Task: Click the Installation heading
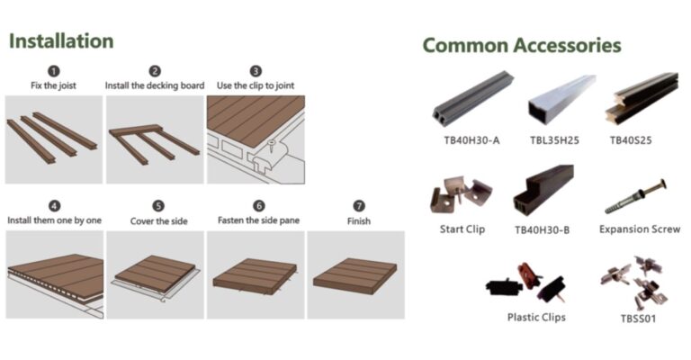tap(61, 41)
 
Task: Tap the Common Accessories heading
tap(522, 45)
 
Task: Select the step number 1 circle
tap(54, 71)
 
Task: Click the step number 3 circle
tap(256, 71)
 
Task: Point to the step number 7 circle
tap(359, 206)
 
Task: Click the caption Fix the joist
tap(53, 85)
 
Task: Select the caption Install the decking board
tap(155, 85)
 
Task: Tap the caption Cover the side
tap(158, 221)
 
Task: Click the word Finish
tap(359, 221)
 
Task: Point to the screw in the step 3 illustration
tap(272, 146)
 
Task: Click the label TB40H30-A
tap(471, 140)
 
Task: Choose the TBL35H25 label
tap(554, 140)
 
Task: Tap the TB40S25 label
tap(631, 140)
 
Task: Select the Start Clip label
tap(462, 229)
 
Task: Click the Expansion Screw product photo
tap(636, 196)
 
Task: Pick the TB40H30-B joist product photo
tap(543, 191)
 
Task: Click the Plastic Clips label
tap(536, 318)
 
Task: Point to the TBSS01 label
tap(638, 319)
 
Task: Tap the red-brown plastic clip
tap(529, 274)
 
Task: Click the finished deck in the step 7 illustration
tap(355, 275)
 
